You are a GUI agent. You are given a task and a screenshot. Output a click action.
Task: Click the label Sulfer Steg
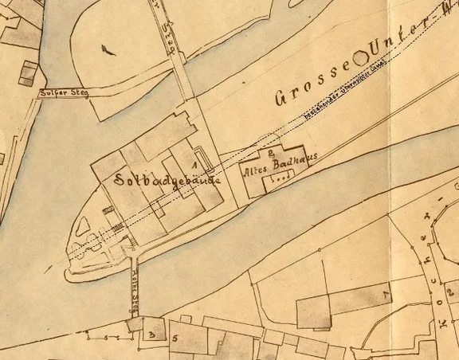[61, 92]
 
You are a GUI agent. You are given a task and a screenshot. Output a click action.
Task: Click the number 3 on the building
[149, 335]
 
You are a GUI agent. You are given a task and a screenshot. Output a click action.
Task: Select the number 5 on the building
[174, 338]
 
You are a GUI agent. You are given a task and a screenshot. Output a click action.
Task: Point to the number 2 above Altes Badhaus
[273, 150]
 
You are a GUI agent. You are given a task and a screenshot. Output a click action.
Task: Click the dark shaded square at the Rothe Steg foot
[133, 324]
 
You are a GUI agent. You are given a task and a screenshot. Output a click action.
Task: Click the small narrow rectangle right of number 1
[204, 159]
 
